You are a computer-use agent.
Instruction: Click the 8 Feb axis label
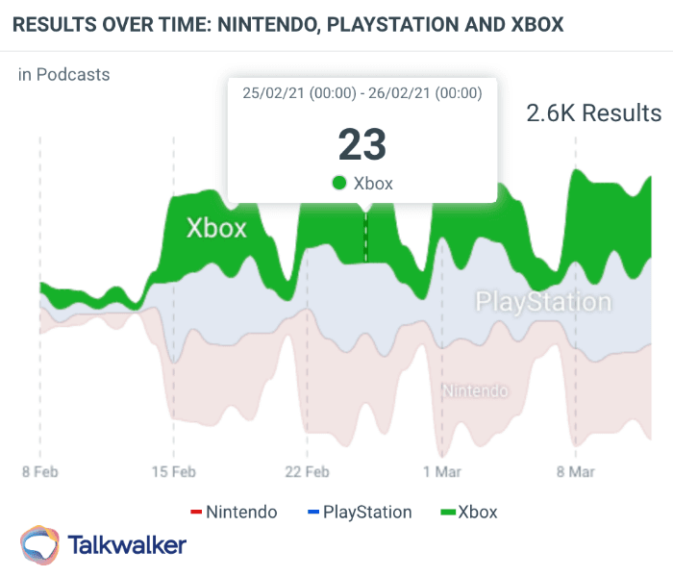[x=39, y=472]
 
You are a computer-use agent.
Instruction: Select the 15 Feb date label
[x=173, y=472]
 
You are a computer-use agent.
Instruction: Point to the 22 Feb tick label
[x=307, y=472]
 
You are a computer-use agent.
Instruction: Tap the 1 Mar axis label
[x=441, y=472]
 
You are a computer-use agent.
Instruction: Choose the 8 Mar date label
[x=575, y=472]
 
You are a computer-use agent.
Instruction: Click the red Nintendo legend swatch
[x=196, y=512]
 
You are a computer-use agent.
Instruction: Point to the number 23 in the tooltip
[x=361, y=144]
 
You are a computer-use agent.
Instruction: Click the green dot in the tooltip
[x=338, y=183]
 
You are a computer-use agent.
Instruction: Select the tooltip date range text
[x=361, y=93]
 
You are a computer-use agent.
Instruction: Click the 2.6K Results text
[x=593, y=113]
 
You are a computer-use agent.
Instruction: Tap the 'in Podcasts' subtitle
[x=63, y=74]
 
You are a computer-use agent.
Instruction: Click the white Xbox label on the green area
[x=216, y=228]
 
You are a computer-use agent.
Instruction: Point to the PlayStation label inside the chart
[x=543, y=302]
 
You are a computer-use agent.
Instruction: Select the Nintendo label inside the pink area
[x=474, y=390]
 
